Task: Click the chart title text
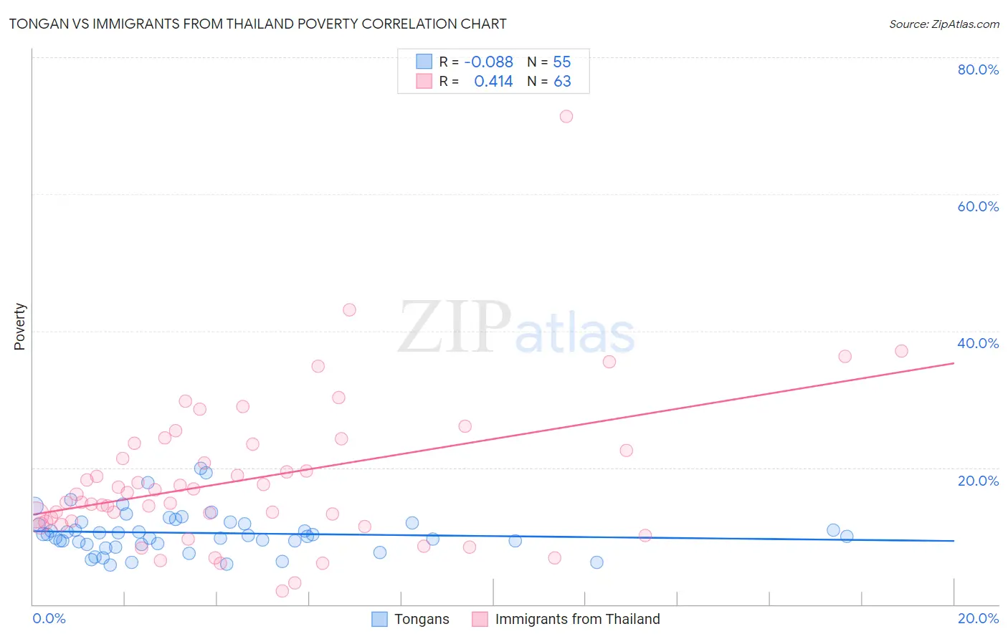[x=257, y=24]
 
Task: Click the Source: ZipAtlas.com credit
[x=943, y=24]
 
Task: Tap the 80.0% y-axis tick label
[x=978, y=69]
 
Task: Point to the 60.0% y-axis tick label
[x=978, y=206]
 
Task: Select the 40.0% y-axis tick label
[x=978, y=343]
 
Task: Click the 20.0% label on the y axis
[x=978, y=480]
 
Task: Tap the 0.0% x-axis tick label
[x=49, y=618]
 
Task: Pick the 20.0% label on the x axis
[x=978, y=618]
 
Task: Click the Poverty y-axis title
[x=19, y=327]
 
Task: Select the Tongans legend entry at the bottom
[x=422, y=619]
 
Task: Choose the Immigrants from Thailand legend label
[x=577, y=619]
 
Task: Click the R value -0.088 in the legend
[x=488, y=62]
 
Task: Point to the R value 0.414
[x=493, y=82]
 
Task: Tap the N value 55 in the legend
[x=562, y=62]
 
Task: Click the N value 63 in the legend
[x=562, y=82]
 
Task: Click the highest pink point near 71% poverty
[x=566, y=116]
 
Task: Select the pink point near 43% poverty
[x=349, y=309]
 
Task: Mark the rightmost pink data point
[x=901, y=351]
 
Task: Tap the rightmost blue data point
[x=847, y=536]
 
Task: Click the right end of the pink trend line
[x=954, y=363]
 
